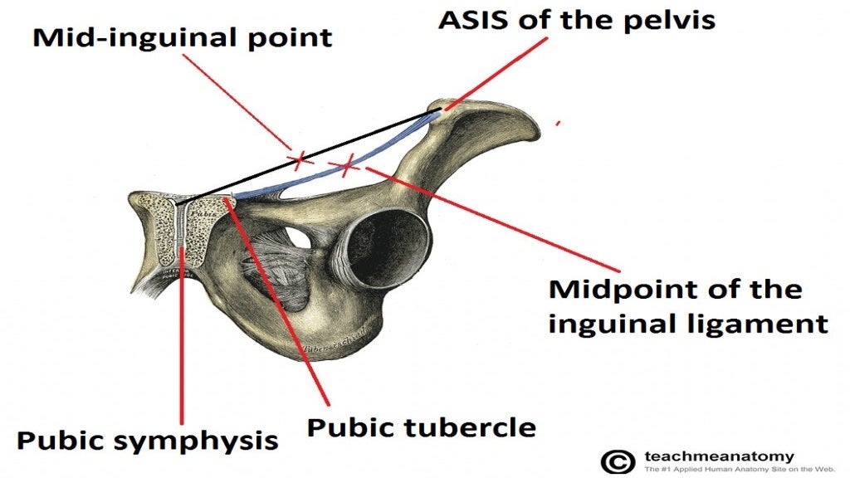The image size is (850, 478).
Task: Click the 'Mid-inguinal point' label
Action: (x=182, y=37)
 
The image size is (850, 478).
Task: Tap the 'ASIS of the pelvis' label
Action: (x=576, y=19)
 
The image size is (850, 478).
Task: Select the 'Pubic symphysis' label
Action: (x=147, y=440)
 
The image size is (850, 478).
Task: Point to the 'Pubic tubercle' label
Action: (x=421, y=427)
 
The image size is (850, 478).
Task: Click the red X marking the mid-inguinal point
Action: (x=299, y=157)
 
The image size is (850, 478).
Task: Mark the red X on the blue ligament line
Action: (x=347, y=164)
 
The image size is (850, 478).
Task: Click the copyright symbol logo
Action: (x=616, y=461)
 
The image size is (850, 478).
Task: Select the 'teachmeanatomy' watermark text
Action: (x=719, y=456)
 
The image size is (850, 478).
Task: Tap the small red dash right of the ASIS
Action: (x=558, y=123)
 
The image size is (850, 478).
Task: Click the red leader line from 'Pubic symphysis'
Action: (x=182, y=332)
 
